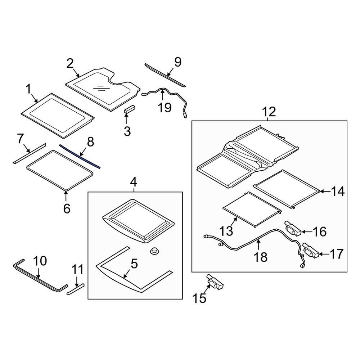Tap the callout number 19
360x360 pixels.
pos(165,107)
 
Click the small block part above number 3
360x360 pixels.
pos(130,109)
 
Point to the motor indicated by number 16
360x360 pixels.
pos(293,228)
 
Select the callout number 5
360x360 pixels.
pos(134,264)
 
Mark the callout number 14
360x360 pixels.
pos(338,192)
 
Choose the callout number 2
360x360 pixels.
pos(70,64)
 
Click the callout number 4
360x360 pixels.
pos(133,183)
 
